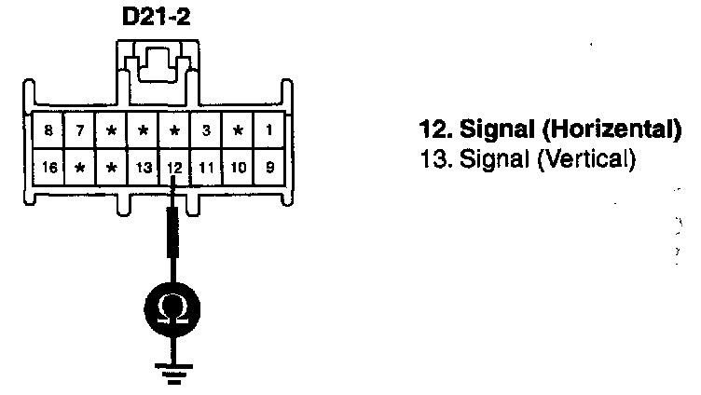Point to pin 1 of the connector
click(269, 130)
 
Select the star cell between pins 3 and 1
click(239, 130)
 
